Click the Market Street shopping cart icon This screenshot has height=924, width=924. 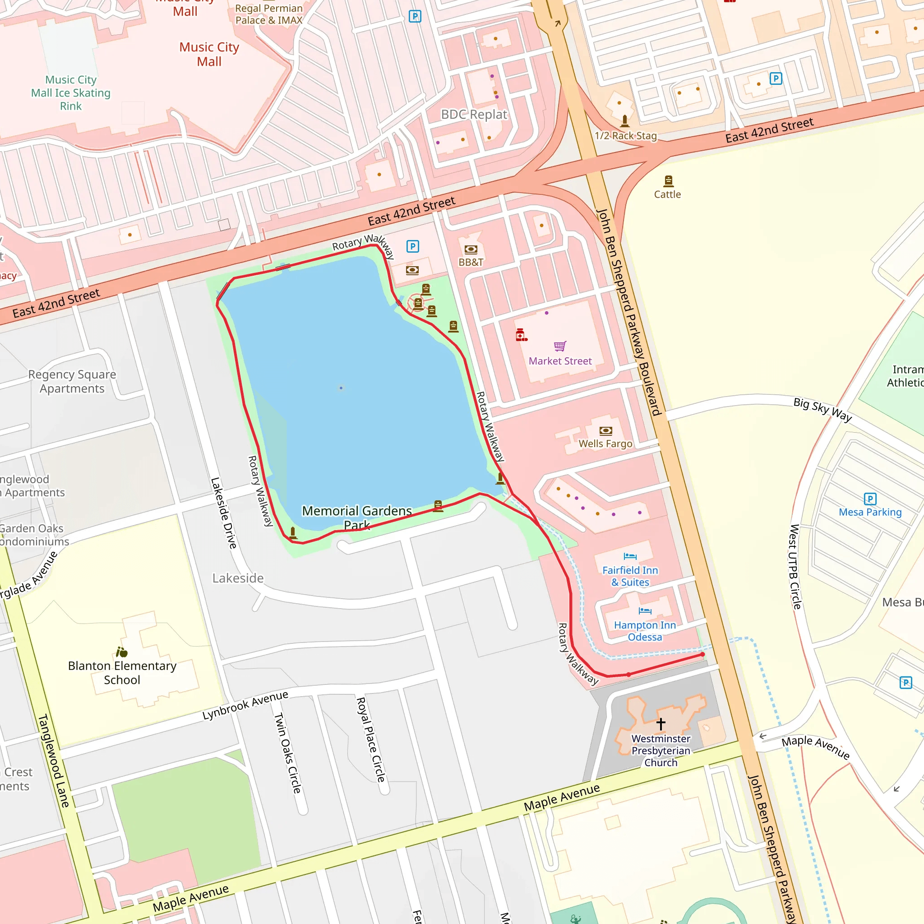click(560, 346)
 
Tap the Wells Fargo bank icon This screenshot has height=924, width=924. click(605, 431)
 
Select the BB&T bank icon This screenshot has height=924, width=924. click(471, 249)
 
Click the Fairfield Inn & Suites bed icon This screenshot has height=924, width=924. click(630, 556)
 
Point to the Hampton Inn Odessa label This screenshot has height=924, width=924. click(645, 631)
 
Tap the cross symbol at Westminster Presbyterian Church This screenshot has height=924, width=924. click(661, 724)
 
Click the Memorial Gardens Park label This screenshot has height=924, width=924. click(357, 517)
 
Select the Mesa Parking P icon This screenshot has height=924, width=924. click(870, 499)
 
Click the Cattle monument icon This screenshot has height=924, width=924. click(668, 181)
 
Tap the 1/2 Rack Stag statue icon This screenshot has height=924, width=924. click(624, 121)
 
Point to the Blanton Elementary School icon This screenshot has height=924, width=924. click(121, 652)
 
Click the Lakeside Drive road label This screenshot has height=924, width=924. click(223, 513)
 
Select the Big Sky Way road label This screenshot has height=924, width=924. click(822, 409)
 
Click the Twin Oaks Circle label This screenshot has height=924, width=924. click(287, 753)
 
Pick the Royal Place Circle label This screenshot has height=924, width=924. click(371, 739)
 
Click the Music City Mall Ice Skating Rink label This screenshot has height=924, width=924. click(71, 93)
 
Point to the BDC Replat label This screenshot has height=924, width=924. click(473, 114)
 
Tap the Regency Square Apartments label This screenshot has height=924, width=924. click(72, 381)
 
